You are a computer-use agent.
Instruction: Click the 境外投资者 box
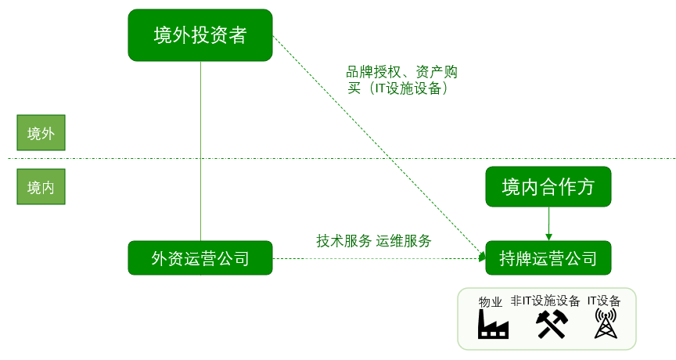[200, 35]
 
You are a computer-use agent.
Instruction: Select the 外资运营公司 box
[200, 257]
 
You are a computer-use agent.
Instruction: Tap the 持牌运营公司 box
[547, 257]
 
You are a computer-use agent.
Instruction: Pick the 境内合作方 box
[547, 187]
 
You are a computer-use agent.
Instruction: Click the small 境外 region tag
[41, 133]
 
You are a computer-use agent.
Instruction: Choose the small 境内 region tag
[41, 188]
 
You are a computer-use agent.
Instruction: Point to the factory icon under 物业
[493, 324]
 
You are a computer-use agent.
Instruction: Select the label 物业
[491, 302]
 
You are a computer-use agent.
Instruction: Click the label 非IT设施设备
[545, 301]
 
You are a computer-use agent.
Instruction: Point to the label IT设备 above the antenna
[604, 301]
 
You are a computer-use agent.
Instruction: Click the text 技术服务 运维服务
[374, 241]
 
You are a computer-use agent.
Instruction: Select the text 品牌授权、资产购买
[403, 80]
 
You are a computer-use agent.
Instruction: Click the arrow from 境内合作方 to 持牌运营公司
[548, 224]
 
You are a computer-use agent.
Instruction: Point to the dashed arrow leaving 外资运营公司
[376, 258]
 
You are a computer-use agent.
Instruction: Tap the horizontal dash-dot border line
[336, 159]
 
